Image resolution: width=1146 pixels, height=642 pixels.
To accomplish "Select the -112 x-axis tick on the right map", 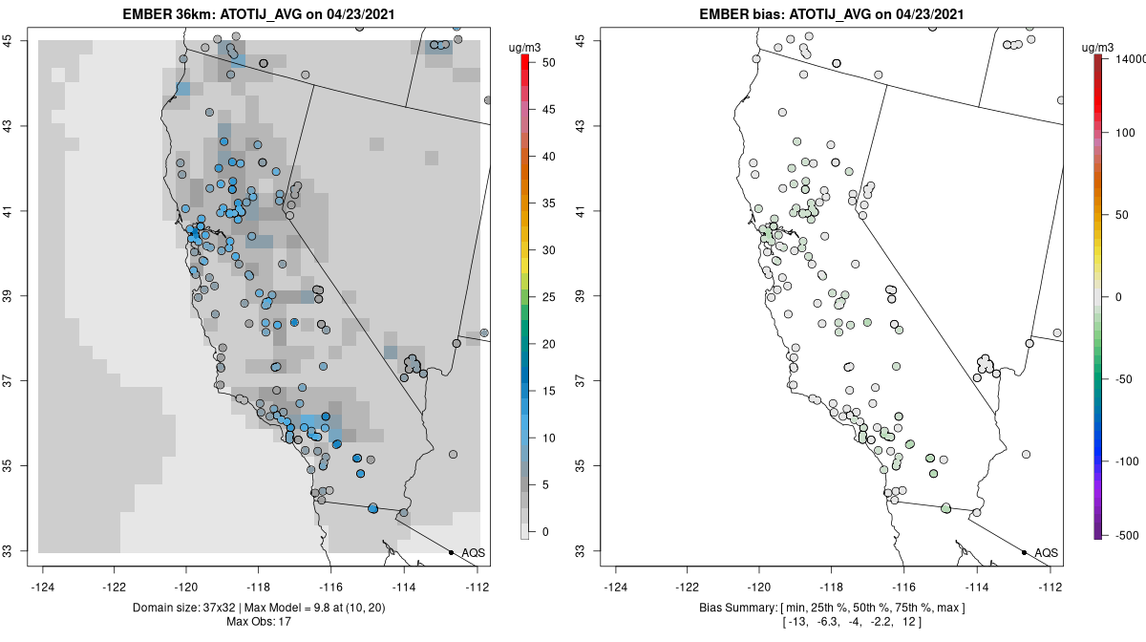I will coord(1050,587).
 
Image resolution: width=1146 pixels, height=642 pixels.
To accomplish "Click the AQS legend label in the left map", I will coord(472,553).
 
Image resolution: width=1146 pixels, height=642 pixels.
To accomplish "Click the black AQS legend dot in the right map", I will coord(1024,553).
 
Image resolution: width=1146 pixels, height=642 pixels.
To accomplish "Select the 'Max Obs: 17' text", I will coord(259,622).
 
